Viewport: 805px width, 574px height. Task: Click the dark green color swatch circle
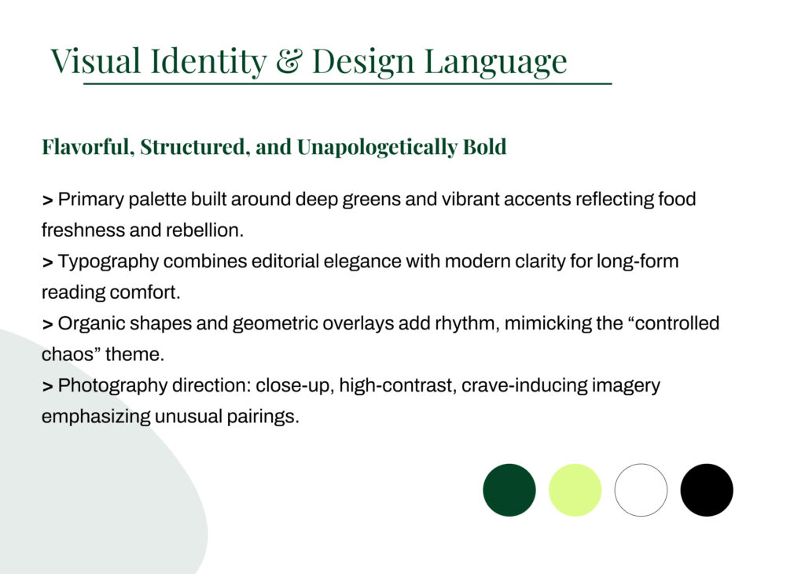point(509,490)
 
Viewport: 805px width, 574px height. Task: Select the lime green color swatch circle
point(575,490)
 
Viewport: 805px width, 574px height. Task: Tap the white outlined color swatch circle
point(641,490)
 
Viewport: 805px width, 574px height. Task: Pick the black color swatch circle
point(707,490)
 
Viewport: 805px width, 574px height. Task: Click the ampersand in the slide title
point(289,61)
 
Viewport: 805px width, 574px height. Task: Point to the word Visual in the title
point(95,61)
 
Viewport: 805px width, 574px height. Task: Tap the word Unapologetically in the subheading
point(377,148)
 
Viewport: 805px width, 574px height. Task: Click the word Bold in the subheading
point(484,147)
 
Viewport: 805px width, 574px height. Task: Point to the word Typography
point(108,262)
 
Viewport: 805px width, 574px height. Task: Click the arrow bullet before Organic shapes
point(47,325)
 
